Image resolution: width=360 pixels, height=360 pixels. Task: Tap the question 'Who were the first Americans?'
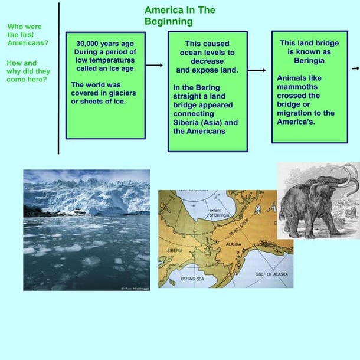click(28, 35)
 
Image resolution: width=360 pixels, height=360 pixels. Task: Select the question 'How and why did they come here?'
click(28, 71)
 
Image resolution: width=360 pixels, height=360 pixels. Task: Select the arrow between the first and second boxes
click(155, 65)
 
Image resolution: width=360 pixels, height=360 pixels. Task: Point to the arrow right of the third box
click(355, 68)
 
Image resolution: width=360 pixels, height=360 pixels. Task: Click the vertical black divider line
click(59, 77)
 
